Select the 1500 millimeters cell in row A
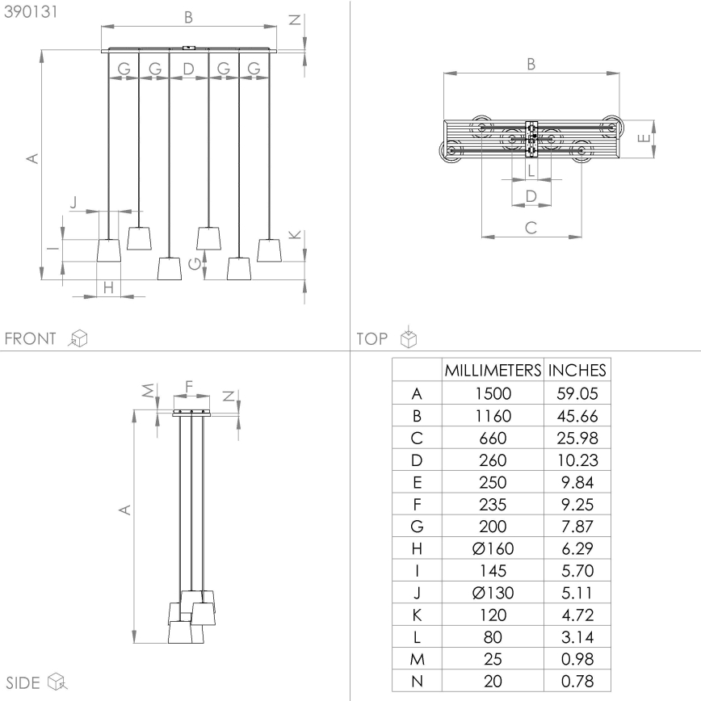click(x=492, y=395)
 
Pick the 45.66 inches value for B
click(x=577, y=417)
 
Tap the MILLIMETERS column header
click(x=492, y=371)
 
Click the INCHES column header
click(x=577, y=371)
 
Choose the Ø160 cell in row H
click(x=492, y=549)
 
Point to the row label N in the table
click(x=417, y=681)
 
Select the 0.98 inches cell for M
click(x=577, y=659)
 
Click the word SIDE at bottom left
click(x=24, y=682)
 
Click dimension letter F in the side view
click(x=189, y=387)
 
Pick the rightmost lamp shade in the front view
click(x=269, y=250)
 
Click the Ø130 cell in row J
click(x=492, y=593)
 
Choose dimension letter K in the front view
click(x=294, y=234)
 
